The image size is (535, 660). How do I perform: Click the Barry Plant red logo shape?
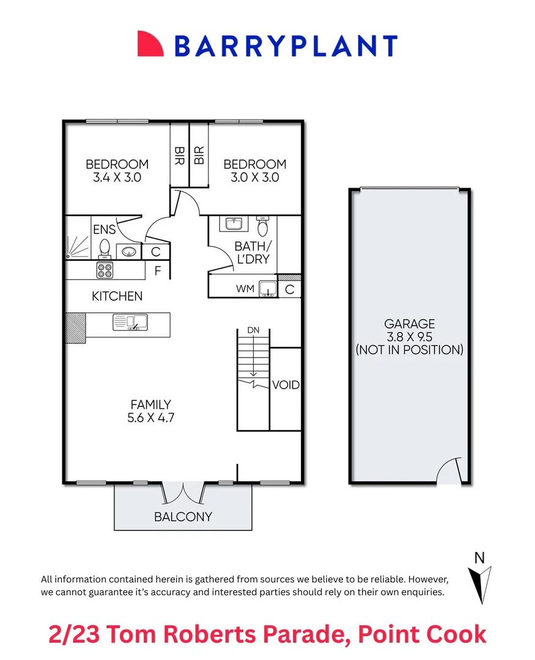(x=150, y=44)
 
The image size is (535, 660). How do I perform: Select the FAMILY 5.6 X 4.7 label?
(x=150, y=411)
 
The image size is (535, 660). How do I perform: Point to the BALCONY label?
(x=183, y=516)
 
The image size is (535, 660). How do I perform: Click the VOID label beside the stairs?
(x=286, y=385)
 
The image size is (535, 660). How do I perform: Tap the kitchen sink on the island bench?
(x=129, y=321)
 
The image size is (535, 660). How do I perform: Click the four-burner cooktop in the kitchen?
(x=104, y=269)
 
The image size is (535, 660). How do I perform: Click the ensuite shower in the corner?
(x=78, y=247)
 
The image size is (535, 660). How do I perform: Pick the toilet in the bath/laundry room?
(x=263, y=227)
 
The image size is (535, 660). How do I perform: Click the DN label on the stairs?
(x=253, y=330)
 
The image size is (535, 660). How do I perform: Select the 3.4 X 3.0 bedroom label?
(x=117, y=177)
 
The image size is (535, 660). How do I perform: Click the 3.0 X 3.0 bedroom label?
(x=254, y=177)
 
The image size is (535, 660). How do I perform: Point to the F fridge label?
(x=158, y=271)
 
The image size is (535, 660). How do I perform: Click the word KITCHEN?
(x=117, y=296)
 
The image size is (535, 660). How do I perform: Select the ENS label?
(x=104, y=230)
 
